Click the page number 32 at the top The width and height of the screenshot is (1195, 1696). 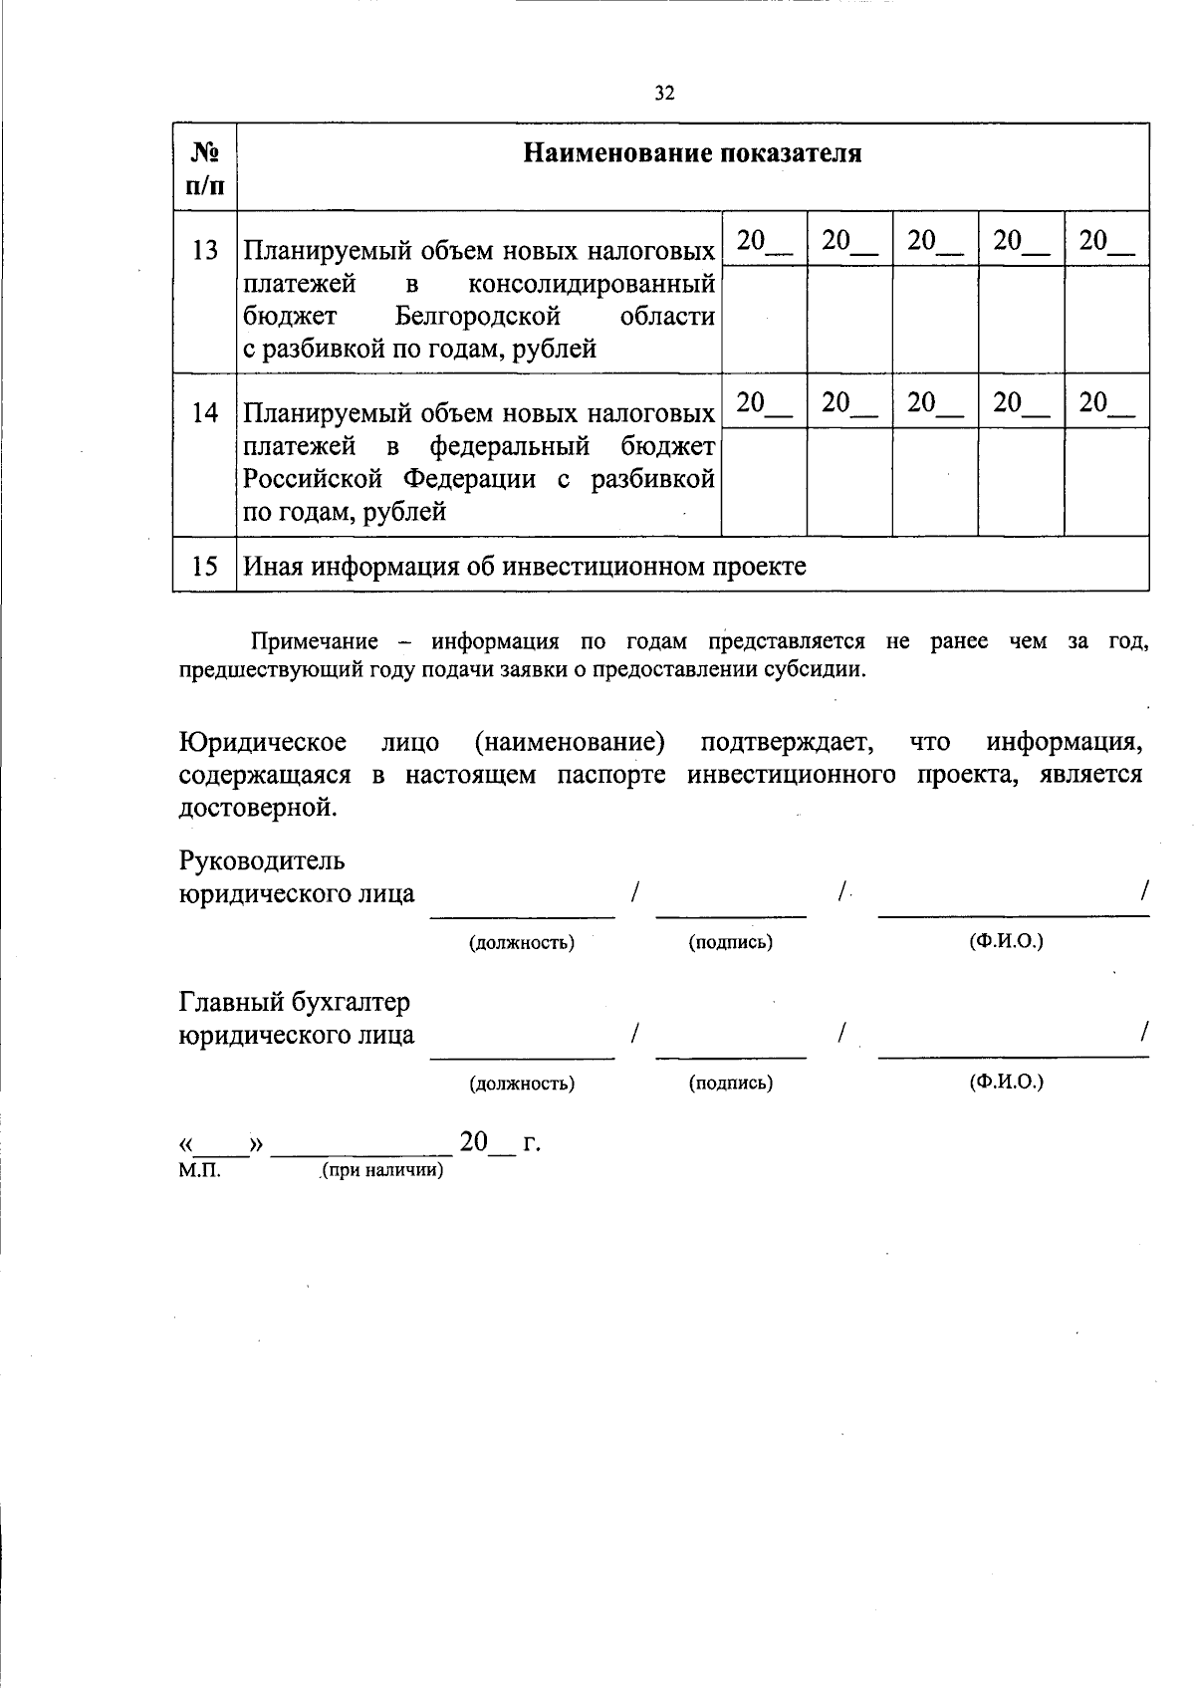(x=665, y=94)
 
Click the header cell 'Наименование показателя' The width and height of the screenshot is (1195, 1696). (x=692, y=153)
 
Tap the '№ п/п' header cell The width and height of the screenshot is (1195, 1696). (x=205, y=167)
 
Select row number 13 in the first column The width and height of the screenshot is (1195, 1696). (x=205, y=249)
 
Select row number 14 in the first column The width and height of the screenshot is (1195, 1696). (x=205, y=412)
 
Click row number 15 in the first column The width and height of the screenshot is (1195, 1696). (x=205, y=567)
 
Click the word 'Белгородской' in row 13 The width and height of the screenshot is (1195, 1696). (x=477, y=317)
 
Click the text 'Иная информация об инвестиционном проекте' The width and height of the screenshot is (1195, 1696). (x=525, y=567)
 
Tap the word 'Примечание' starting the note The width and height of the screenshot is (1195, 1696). (x=315, y=642)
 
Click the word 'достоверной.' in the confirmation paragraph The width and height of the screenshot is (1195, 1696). (x=258, y=808)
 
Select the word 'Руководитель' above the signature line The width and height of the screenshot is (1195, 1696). (x=262, y=859)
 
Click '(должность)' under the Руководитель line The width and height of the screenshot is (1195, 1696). (x=522, y=942)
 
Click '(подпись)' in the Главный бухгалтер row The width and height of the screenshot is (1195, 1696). (x=731, y=1083)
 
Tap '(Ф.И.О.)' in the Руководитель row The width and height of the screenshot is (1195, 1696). (x=1006, y=941)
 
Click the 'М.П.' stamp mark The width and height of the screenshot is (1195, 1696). (x=199, y=1170)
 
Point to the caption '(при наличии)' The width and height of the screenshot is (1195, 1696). (x=380, y=1170)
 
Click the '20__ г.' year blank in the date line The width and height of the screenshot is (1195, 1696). (x=499, y=1142)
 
